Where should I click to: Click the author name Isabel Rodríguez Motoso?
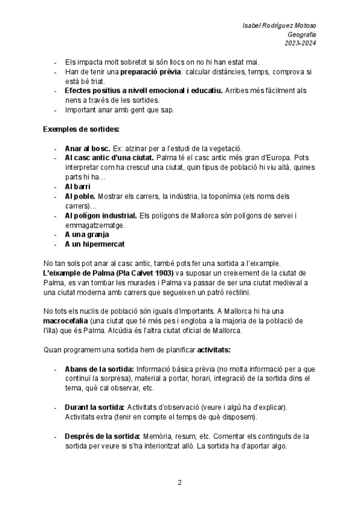(280, 26)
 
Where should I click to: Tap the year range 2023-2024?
(301, 43)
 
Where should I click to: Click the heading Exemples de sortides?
(81, 129)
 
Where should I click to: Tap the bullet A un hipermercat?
(94, 244)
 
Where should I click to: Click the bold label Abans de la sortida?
(100, 369)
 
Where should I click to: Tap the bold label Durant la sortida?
(94, 407)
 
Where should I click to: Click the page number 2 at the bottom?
(179, 482)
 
